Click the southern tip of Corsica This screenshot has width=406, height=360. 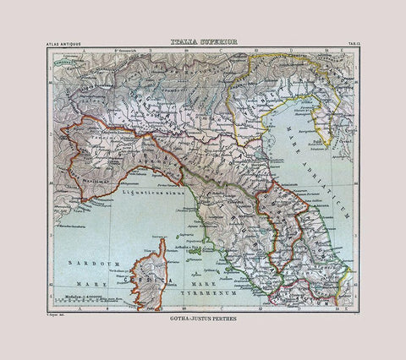tap(155, 301)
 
